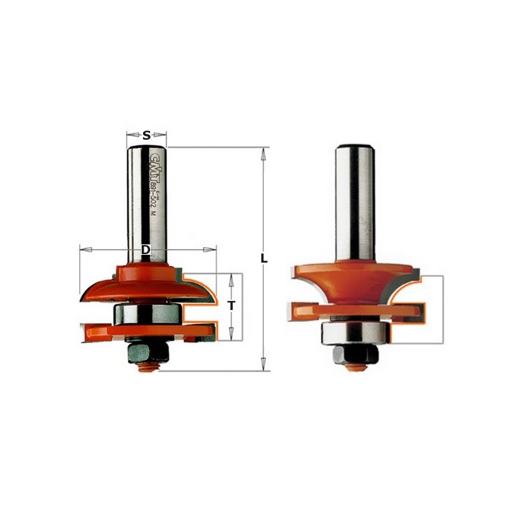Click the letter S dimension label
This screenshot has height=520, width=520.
tap(146, 136)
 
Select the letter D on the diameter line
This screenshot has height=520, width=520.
tap(146, 250)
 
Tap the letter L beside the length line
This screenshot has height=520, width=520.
tap(264, 258)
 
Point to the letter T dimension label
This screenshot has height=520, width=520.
tap(231, 305)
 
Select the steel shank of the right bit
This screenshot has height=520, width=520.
tap(354, 201)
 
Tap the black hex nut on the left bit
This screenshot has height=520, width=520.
tap(144, 352)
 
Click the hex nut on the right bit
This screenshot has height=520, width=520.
tap(354, 354)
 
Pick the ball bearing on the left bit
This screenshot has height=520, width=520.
tap(146, 314)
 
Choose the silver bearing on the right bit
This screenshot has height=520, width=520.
tap(354, 333)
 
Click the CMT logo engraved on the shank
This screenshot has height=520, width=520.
tap(155, 166)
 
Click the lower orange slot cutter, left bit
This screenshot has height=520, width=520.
tap(146, 331)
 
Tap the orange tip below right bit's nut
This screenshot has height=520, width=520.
tap(354, 367)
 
